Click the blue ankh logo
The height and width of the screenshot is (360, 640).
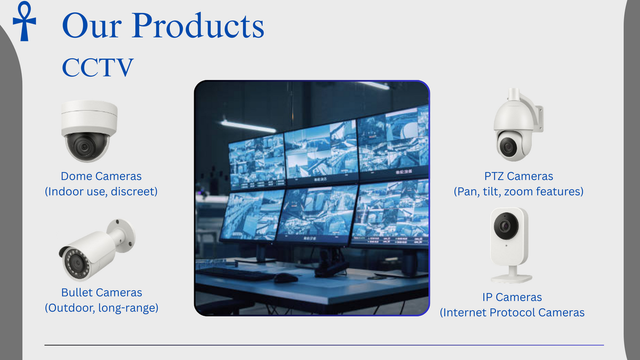click(x=25, y=21)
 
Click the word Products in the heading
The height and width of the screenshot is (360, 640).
click(x=198, y=26)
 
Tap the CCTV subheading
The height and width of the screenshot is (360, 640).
click(x=98, y=67)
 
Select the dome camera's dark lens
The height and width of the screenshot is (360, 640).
click(x=84, y=147)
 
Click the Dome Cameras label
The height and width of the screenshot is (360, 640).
click(x=101, y=177)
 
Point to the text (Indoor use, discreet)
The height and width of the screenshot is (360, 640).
click(x=101, y=191)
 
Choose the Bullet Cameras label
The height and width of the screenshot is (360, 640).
click(x=101, y=293)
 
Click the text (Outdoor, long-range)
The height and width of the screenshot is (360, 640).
click(x=101, y=308)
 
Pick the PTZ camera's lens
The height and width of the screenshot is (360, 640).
click(x=508, y=147)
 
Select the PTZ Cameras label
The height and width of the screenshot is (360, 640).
click(x=518, y=177)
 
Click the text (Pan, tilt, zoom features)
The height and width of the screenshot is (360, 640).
click(x=518, y=191)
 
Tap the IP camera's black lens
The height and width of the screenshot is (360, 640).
click(x=506, y=226)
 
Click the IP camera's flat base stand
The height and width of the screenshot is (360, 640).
click(x=511, y=278)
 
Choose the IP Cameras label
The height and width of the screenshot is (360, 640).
click(x=512, y=298)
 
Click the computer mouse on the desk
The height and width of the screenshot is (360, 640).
click(x=286, y=278)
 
